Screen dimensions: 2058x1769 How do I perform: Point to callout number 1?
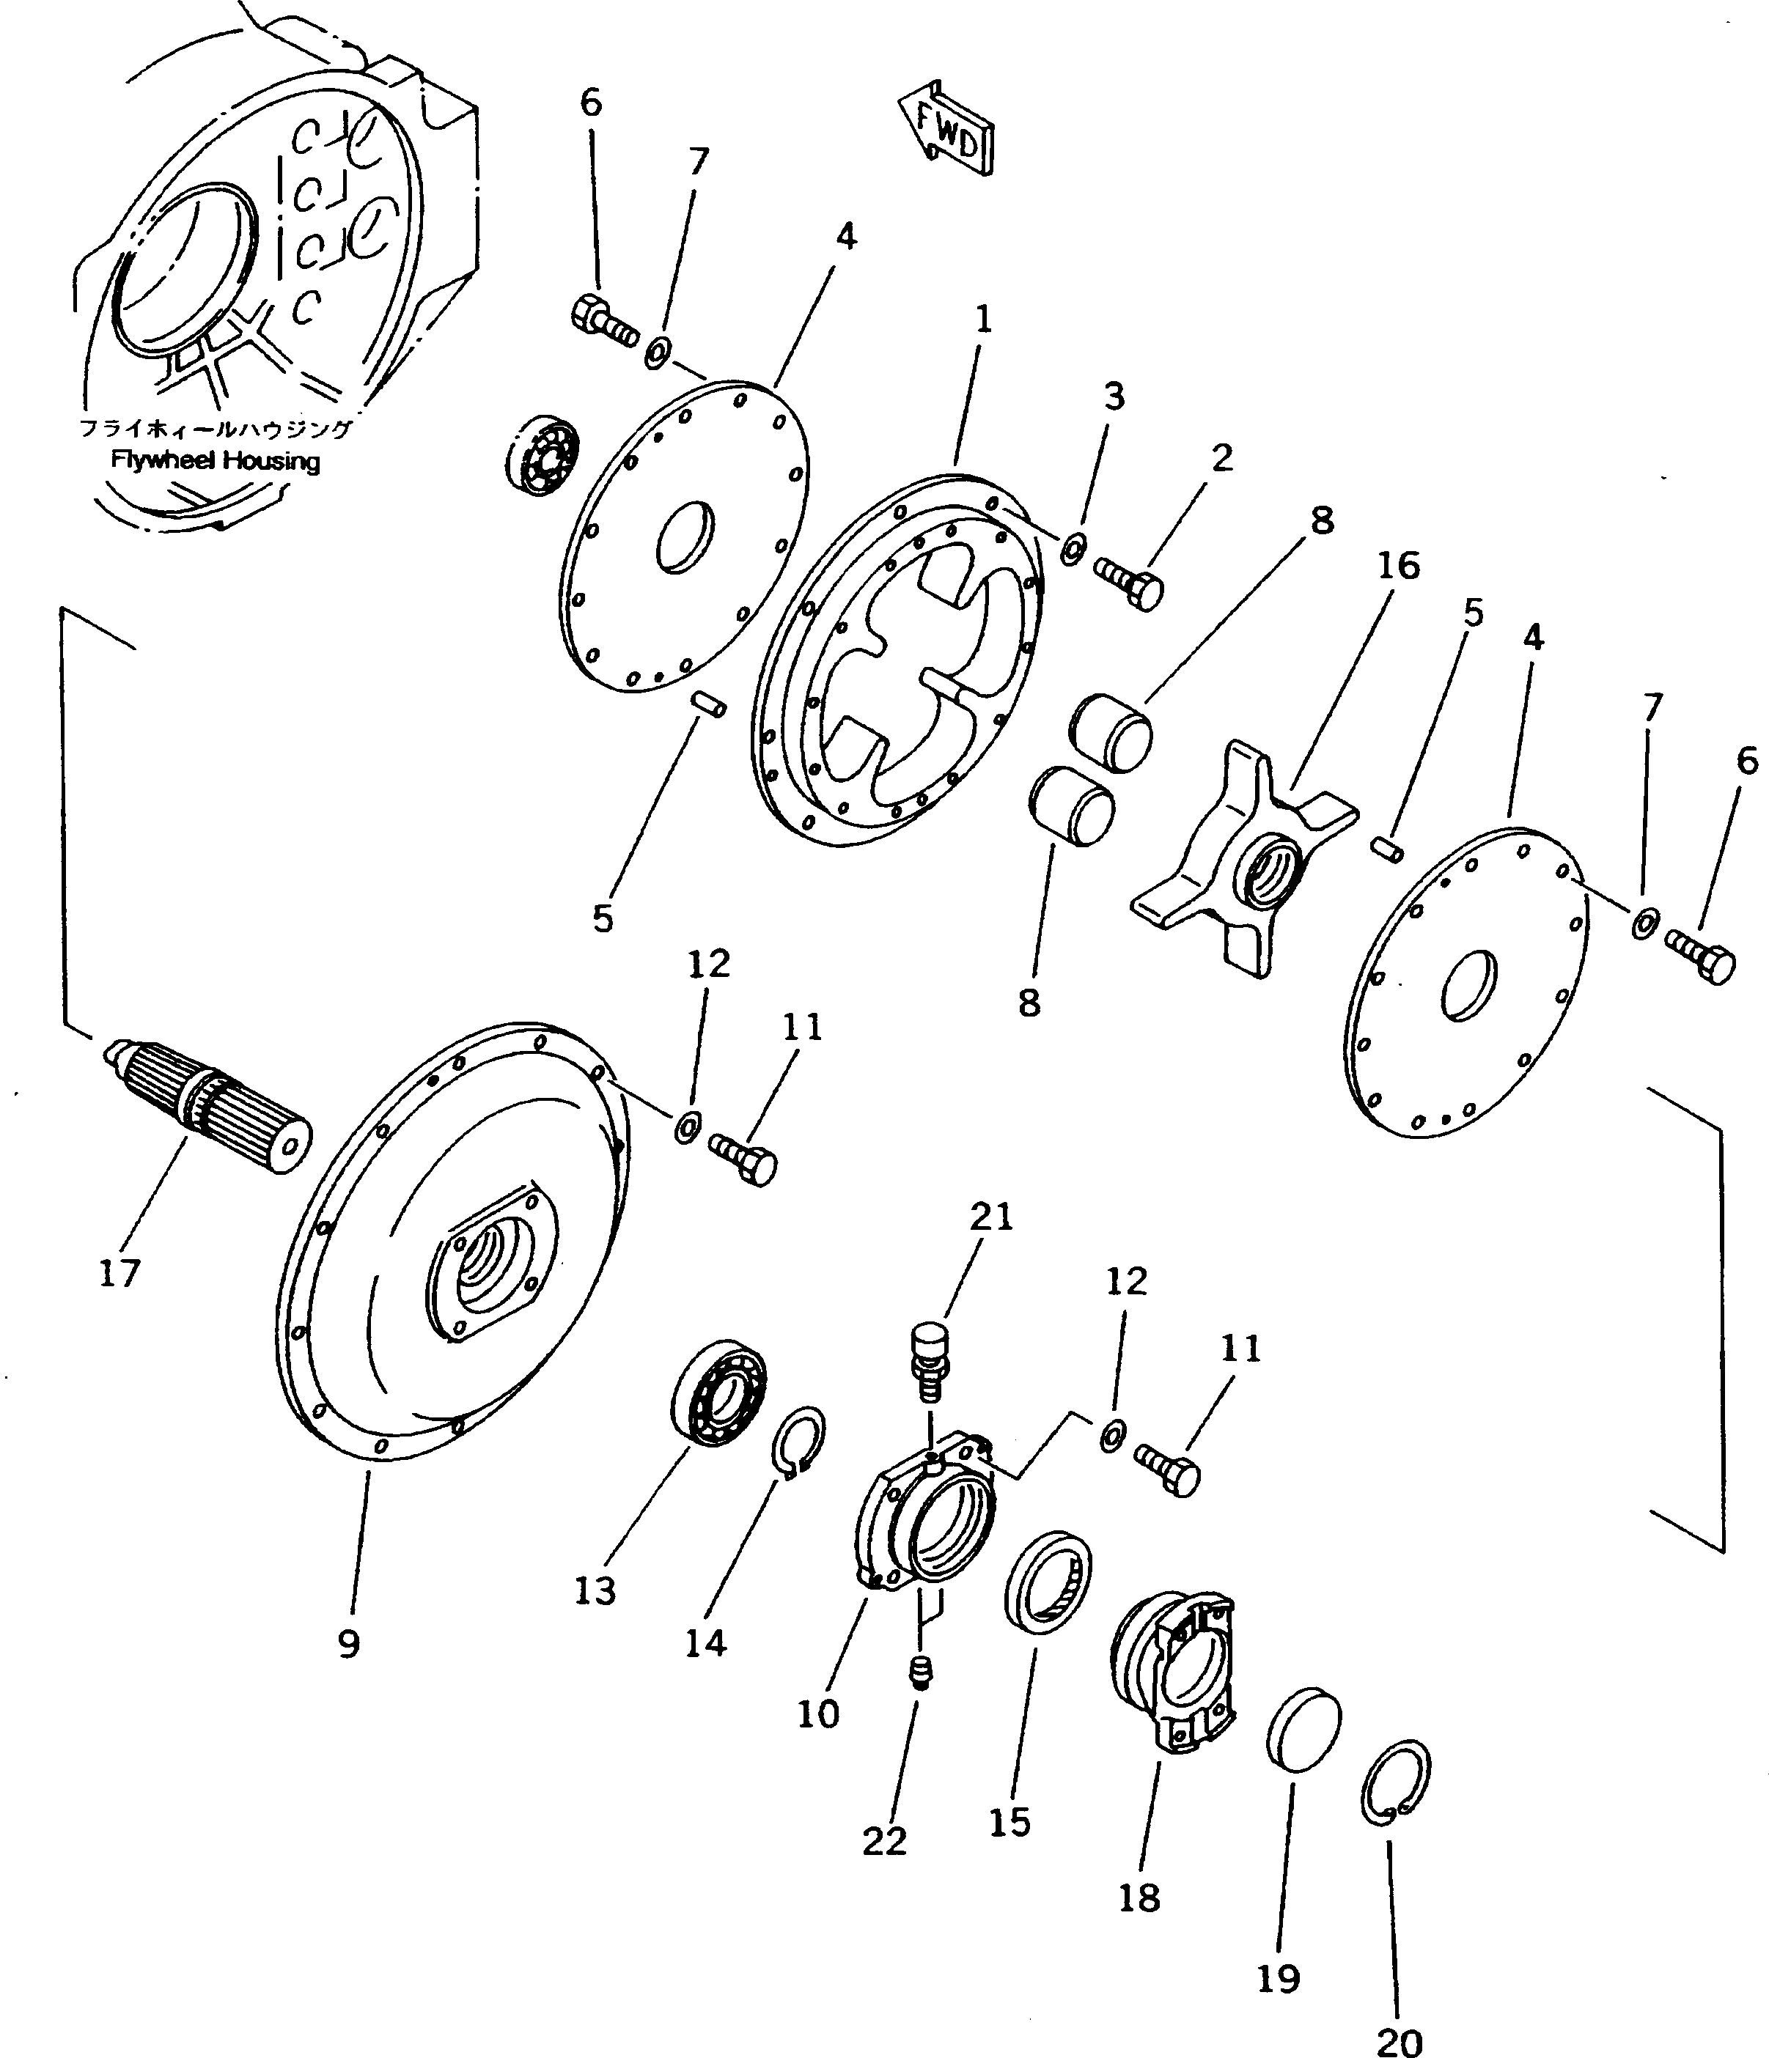(x=982, y=319)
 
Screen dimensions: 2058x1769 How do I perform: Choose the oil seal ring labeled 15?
(x=1047, y=1580)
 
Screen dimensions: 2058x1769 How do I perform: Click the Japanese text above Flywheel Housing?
(x=216, y=429)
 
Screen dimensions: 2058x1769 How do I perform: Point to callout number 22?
(x=884, y=1840)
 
